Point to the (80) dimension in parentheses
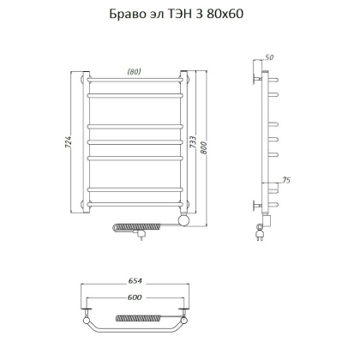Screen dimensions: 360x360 (x=133, y=71)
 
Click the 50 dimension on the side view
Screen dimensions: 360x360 (x=271, y=57)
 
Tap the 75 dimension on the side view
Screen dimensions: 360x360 (x=287, y=179)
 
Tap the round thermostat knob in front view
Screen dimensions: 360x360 (x=182, y=222)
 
